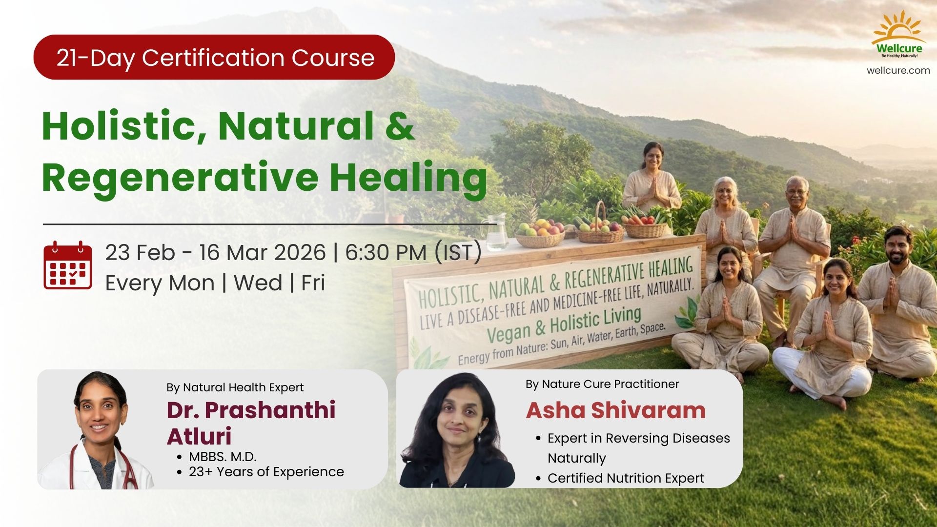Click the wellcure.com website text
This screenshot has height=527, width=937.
pos(898,70)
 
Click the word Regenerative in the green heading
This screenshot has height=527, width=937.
pos(180,177)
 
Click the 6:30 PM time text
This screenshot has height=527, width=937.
pos(386,252)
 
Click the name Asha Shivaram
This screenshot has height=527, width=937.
pos(615,410)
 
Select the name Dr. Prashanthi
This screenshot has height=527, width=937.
pos(251,410)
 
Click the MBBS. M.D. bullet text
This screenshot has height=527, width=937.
pos(223,457)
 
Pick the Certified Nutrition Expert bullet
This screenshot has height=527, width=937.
pos(626,478)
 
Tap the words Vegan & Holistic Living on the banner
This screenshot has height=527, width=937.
pos(564,324)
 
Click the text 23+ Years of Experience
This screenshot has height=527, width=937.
pos(266,472)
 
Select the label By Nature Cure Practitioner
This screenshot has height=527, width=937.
pos(602,385)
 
